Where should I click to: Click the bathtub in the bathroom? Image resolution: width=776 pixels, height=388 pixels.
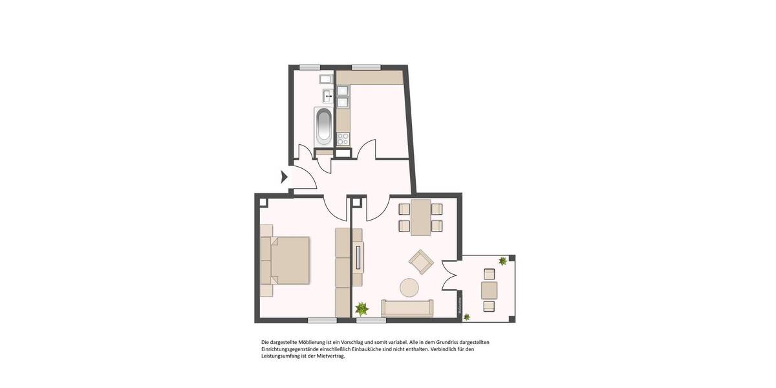(324, 127)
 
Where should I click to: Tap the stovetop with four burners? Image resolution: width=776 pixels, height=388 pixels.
(343, 138)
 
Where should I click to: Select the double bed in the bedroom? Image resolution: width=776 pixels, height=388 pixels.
(286, 261)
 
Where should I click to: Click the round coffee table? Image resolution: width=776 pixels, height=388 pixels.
(409, 286)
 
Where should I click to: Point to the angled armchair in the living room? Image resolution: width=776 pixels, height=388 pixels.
(421, 261)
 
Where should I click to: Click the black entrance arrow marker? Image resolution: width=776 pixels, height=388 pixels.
(284, 177)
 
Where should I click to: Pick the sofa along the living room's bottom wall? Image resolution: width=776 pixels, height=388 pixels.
(407, 308)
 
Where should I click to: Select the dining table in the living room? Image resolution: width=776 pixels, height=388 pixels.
(420, 217)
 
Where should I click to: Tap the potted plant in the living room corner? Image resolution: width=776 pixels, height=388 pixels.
(361, 308)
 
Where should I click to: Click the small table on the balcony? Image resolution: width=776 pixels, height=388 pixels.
(490, 290)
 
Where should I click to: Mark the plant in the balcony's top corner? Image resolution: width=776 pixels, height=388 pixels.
(502, 261)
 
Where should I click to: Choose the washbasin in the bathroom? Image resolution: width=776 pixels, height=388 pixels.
(328, 96)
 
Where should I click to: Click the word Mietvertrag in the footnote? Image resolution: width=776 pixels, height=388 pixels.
(330, 356)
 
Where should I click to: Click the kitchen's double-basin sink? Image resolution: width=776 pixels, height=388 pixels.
(342, 96)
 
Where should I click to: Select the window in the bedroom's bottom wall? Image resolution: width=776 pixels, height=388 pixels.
(321, 321)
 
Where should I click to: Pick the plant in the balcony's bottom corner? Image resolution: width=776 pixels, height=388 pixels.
(466, 315)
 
